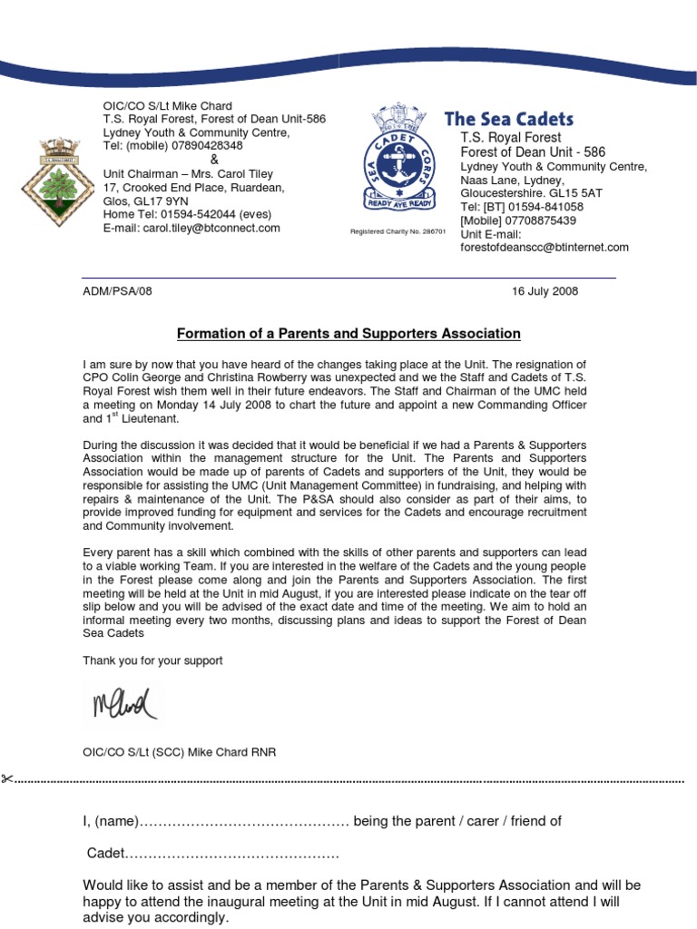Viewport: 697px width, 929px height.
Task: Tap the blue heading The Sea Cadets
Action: click(x=508, y=119)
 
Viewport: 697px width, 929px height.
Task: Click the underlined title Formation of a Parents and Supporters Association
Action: click(x=348, y=334)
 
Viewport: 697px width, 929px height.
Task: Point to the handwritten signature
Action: click(x=123, y=703)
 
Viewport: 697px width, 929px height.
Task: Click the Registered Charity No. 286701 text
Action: click(x=398, y=231)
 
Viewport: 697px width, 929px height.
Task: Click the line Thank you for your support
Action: click(x=152, y=660)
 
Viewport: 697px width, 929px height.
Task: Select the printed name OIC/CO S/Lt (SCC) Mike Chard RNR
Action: click(x=180, y=752)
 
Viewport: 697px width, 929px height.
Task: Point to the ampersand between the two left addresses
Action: click(x=214, y=160)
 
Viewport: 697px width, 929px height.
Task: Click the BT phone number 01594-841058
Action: click(x=543, y=207)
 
